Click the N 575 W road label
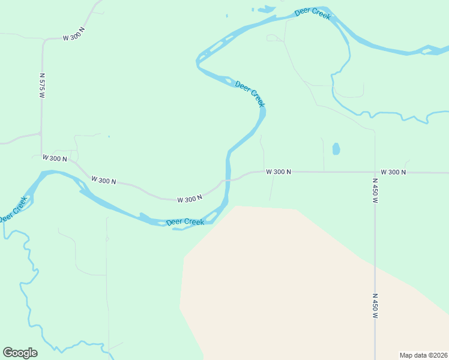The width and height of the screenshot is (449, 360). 42,86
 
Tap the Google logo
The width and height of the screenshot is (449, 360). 20,353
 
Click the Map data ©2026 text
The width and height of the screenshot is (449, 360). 423,355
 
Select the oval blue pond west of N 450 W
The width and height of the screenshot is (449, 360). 336,148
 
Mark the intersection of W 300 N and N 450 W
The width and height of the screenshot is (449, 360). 375,172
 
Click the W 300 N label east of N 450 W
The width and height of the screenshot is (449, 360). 393,172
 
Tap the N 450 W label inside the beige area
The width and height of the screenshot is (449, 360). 375,306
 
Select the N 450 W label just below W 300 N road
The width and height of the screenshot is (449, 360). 375,191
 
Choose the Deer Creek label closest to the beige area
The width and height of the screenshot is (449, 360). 185,222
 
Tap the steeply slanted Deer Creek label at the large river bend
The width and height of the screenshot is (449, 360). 250,94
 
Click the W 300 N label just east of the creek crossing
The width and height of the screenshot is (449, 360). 279,172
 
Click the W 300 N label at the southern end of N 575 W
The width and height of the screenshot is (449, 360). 55,158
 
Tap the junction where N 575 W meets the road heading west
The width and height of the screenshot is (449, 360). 41,134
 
